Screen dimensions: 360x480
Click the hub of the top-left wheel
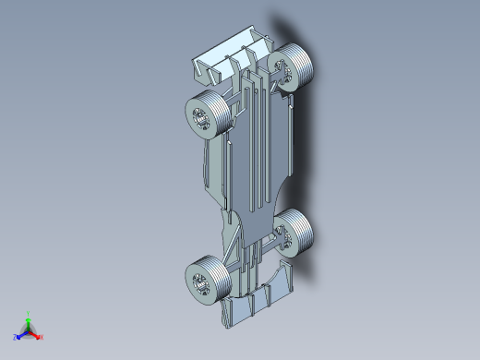198,117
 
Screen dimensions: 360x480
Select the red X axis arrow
36,334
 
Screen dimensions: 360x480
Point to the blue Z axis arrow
21,334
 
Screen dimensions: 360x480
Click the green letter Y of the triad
29,313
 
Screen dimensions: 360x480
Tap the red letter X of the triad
42,337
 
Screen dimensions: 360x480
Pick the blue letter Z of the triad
16,337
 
